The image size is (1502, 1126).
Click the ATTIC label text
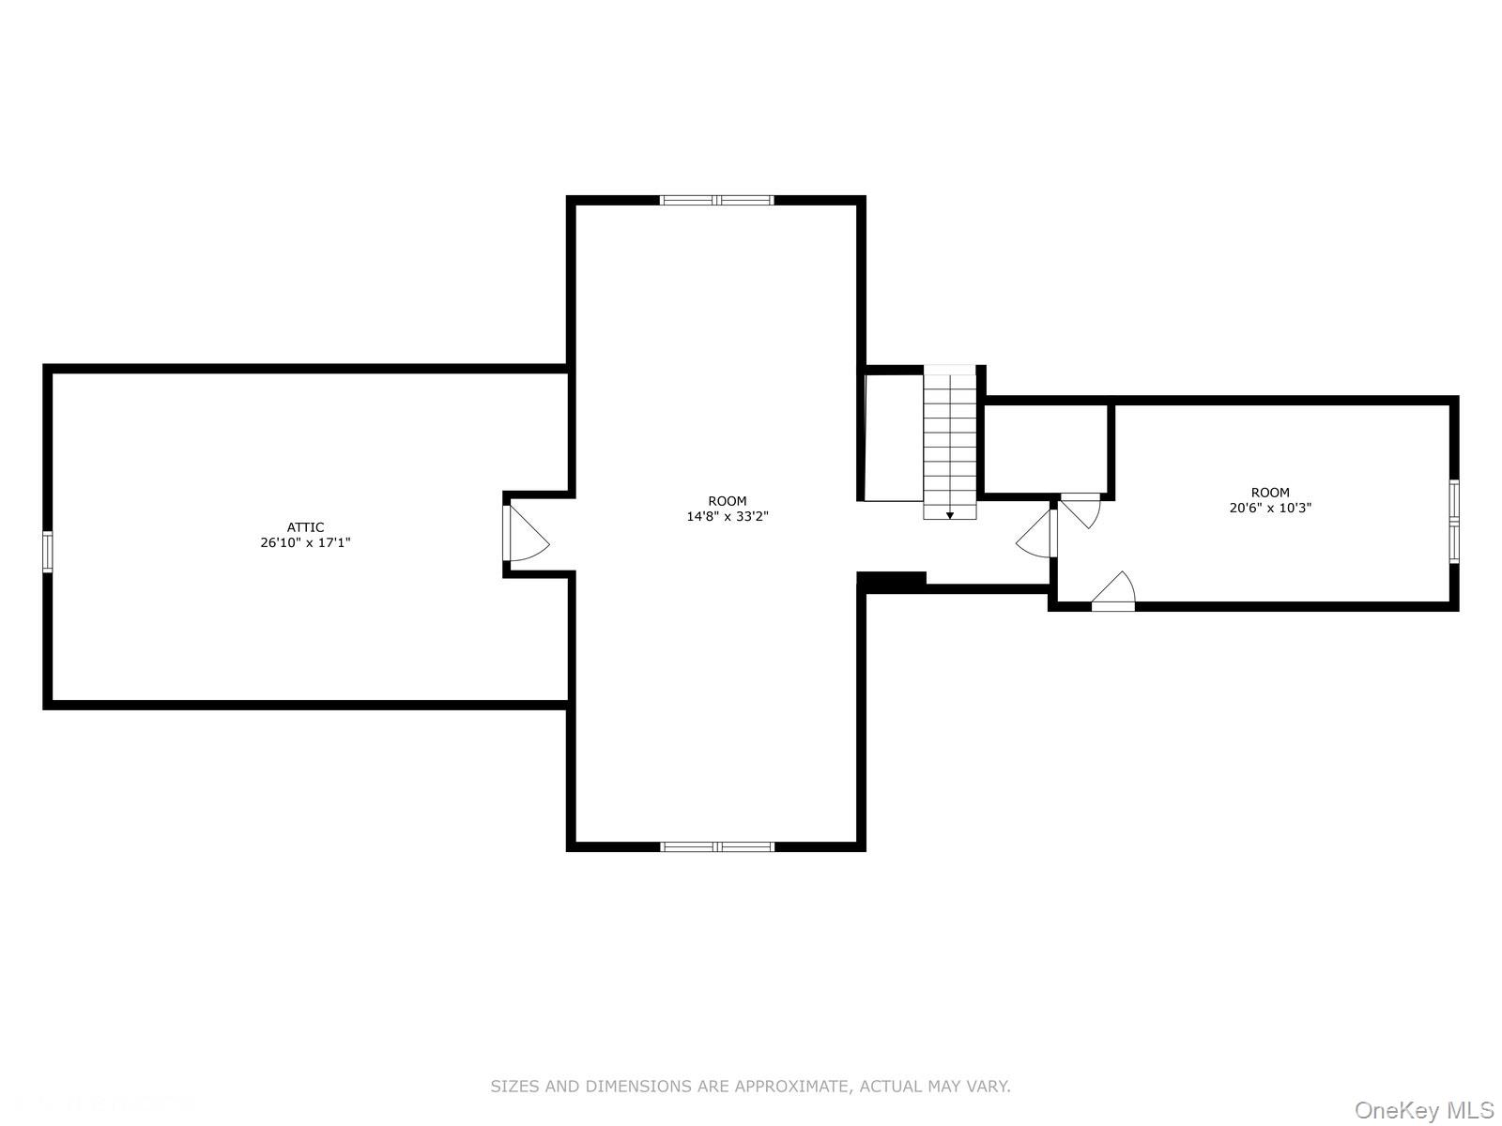coord(305,527)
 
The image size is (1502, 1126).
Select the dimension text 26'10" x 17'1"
coord(305,542)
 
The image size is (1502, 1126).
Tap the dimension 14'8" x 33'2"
coord(728,516)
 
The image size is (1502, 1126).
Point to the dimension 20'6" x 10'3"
coord(1270,508)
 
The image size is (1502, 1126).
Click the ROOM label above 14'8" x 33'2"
coord(728,501)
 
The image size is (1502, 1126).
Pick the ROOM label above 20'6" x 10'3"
coord(1270,493)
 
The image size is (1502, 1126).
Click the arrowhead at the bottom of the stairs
coord(950,514)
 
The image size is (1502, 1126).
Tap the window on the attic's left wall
coord(48,551)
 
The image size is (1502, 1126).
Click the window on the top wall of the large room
coord(717,200)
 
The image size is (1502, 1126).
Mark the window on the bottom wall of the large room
coord(717,846)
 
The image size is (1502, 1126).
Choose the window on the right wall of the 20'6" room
coord(1454,522)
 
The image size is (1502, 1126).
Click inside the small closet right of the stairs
coord(1046,448)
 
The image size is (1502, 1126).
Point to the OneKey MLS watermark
coord(1424,1111)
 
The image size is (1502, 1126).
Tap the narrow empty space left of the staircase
coord(893,437)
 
